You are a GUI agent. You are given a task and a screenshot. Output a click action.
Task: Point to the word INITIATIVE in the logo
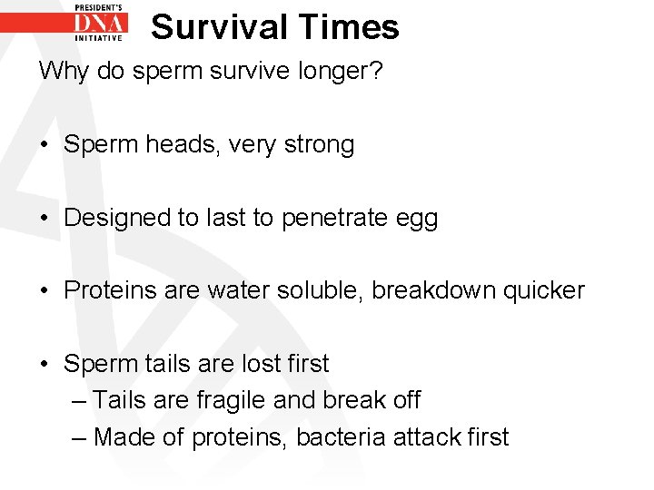point(99,39)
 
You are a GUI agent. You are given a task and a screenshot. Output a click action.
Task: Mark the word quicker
point(544,291)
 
